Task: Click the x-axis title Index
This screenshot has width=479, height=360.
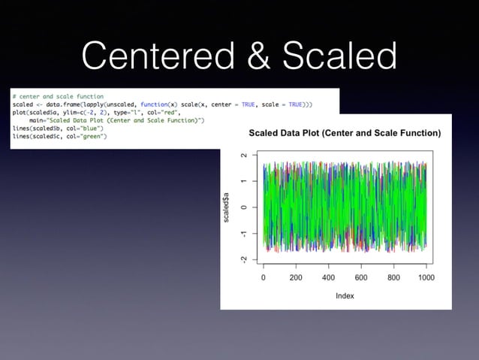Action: [x=344, y=295]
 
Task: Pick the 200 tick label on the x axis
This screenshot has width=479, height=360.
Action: [x=296, y=277]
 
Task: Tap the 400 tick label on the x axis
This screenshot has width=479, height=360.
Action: [x=328, y=277]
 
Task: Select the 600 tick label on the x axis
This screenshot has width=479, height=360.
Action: [x=360, y=277]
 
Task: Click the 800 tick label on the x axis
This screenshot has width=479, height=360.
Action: [x=393, y=277]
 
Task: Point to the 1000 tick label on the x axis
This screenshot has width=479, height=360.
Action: [x=425, y=277]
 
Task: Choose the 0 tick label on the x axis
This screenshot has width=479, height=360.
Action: [x=264, y=277]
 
